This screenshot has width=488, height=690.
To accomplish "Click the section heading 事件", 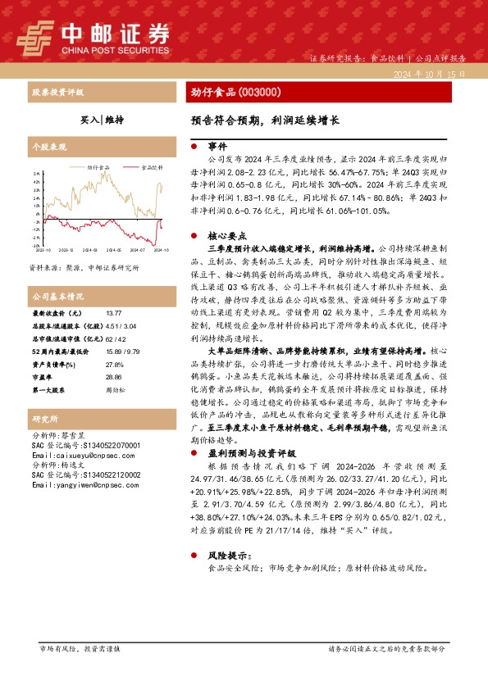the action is [x=217, y=145].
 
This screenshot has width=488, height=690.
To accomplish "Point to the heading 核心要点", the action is [x=226, y=234].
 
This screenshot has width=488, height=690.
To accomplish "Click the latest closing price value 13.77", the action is [x=115, y=313].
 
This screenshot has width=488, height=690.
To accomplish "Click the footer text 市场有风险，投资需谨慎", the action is [x=80, y=648].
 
